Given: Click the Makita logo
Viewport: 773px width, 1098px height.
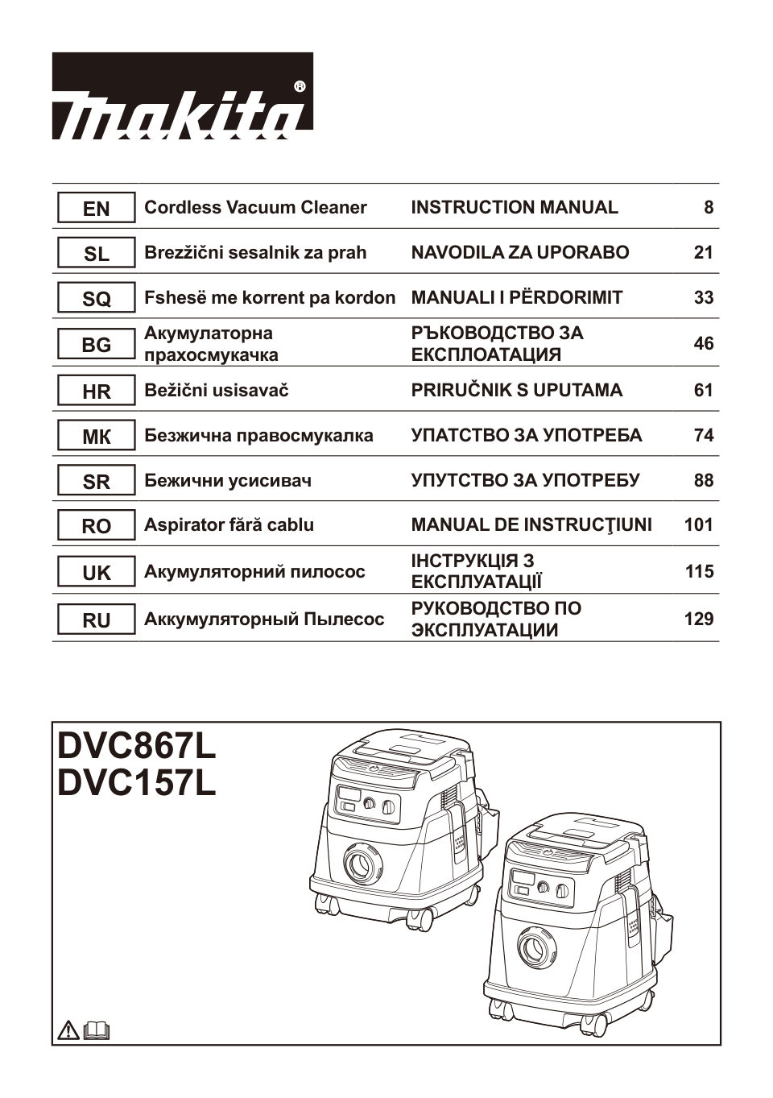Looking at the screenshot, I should point(182,97).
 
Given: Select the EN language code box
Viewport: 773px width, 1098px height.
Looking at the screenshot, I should point(96,209).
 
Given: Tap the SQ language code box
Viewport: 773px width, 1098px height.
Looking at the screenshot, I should point(96,299).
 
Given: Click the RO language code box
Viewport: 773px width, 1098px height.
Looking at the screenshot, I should point(96,526).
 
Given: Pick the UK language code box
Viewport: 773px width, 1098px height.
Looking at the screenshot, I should point(96,573).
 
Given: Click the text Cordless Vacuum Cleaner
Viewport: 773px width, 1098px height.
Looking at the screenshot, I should point(255,208).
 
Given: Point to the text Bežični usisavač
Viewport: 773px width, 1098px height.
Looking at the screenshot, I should point(216,391).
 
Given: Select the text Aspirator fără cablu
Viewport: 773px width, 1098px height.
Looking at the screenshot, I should point(229,525).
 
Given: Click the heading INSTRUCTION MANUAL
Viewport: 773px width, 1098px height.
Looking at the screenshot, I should point(515,208).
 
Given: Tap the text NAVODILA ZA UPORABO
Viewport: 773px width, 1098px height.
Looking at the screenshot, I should point(520,253).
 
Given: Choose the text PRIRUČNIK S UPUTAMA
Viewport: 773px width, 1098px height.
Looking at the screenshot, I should point(516,391).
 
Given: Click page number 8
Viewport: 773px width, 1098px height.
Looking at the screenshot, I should point(708,208).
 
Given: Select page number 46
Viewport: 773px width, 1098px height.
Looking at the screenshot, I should point(703,344).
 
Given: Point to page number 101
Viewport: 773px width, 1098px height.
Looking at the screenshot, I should point(698,525).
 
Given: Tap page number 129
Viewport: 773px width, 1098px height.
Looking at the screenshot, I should point(698,619).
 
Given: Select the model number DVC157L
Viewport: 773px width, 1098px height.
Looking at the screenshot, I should point(137,784).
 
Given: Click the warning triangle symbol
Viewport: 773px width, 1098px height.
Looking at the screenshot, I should point(69,1030).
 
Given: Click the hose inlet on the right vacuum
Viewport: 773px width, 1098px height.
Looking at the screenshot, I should point(533,946).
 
